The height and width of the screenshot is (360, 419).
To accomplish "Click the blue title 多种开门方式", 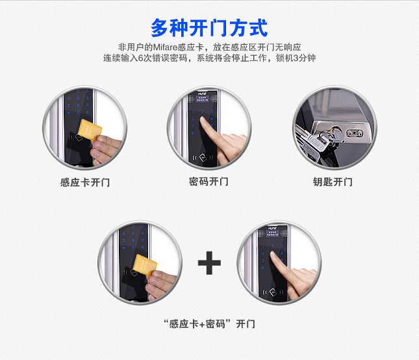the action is point(209,28).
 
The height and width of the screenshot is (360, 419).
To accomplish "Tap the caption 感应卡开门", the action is point(85,183).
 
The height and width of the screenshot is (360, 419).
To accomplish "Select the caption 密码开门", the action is point(209,182).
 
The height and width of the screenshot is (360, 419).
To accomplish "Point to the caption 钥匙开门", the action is point(333,182).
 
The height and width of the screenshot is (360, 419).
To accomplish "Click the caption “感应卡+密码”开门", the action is point(209,324).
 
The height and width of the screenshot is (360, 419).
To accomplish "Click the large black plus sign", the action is point(209,263).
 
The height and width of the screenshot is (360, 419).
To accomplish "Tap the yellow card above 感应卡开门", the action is point(90,130).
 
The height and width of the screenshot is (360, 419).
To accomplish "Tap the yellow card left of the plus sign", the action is point(145,265).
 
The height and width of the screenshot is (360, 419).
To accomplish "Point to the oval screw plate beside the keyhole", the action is point(355,133).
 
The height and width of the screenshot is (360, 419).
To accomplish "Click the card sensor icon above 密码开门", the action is point(203,157).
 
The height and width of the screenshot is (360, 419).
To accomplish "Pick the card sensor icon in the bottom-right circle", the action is point(273,292).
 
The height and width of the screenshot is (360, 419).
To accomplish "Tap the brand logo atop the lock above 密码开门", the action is point(202,94).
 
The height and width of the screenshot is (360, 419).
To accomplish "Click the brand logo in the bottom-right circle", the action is point(272,229).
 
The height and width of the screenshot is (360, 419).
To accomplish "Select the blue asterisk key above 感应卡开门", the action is point(69,113).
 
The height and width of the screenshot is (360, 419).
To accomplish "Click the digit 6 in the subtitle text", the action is point(140,58).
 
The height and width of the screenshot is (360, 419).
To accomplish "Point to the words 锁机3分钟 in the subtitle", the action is point(296,58).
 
